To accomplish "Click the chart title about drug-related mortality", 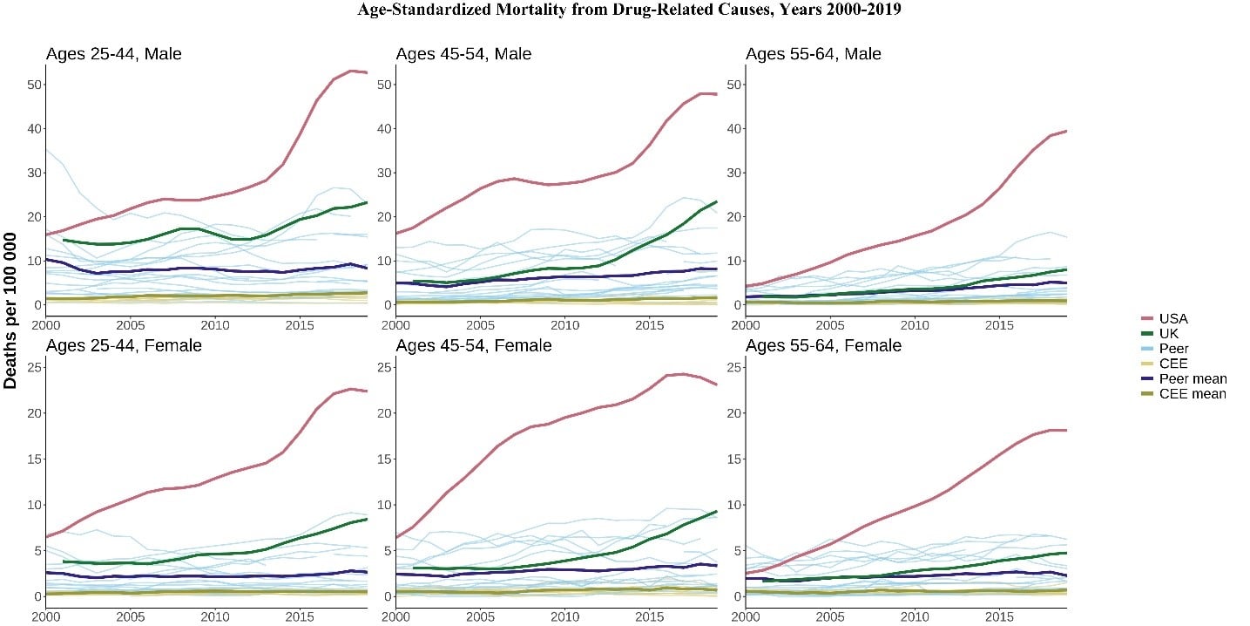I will (x=625, y=10).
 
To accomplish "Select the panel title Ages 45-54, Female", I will (x=473, y=346).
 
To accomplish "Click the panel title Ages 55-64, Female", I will (x=823, y=346).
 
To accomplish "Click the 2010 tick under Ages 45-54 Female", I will (x=565, y=616).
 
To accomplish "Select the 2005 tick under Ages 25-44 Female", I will (x=130, y=616).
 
